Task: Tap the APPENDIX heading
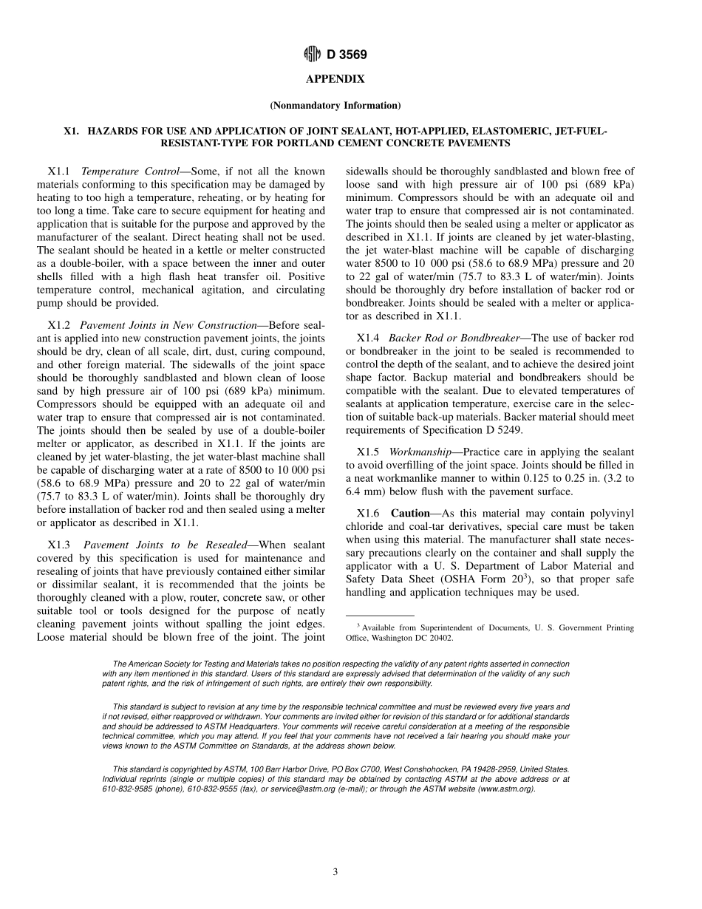click(335, 78)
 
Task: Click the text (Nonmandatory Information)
click(335, 105)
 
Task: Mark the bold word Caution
click(410, 513)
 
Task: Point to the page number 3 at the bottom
click(335, 872)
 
